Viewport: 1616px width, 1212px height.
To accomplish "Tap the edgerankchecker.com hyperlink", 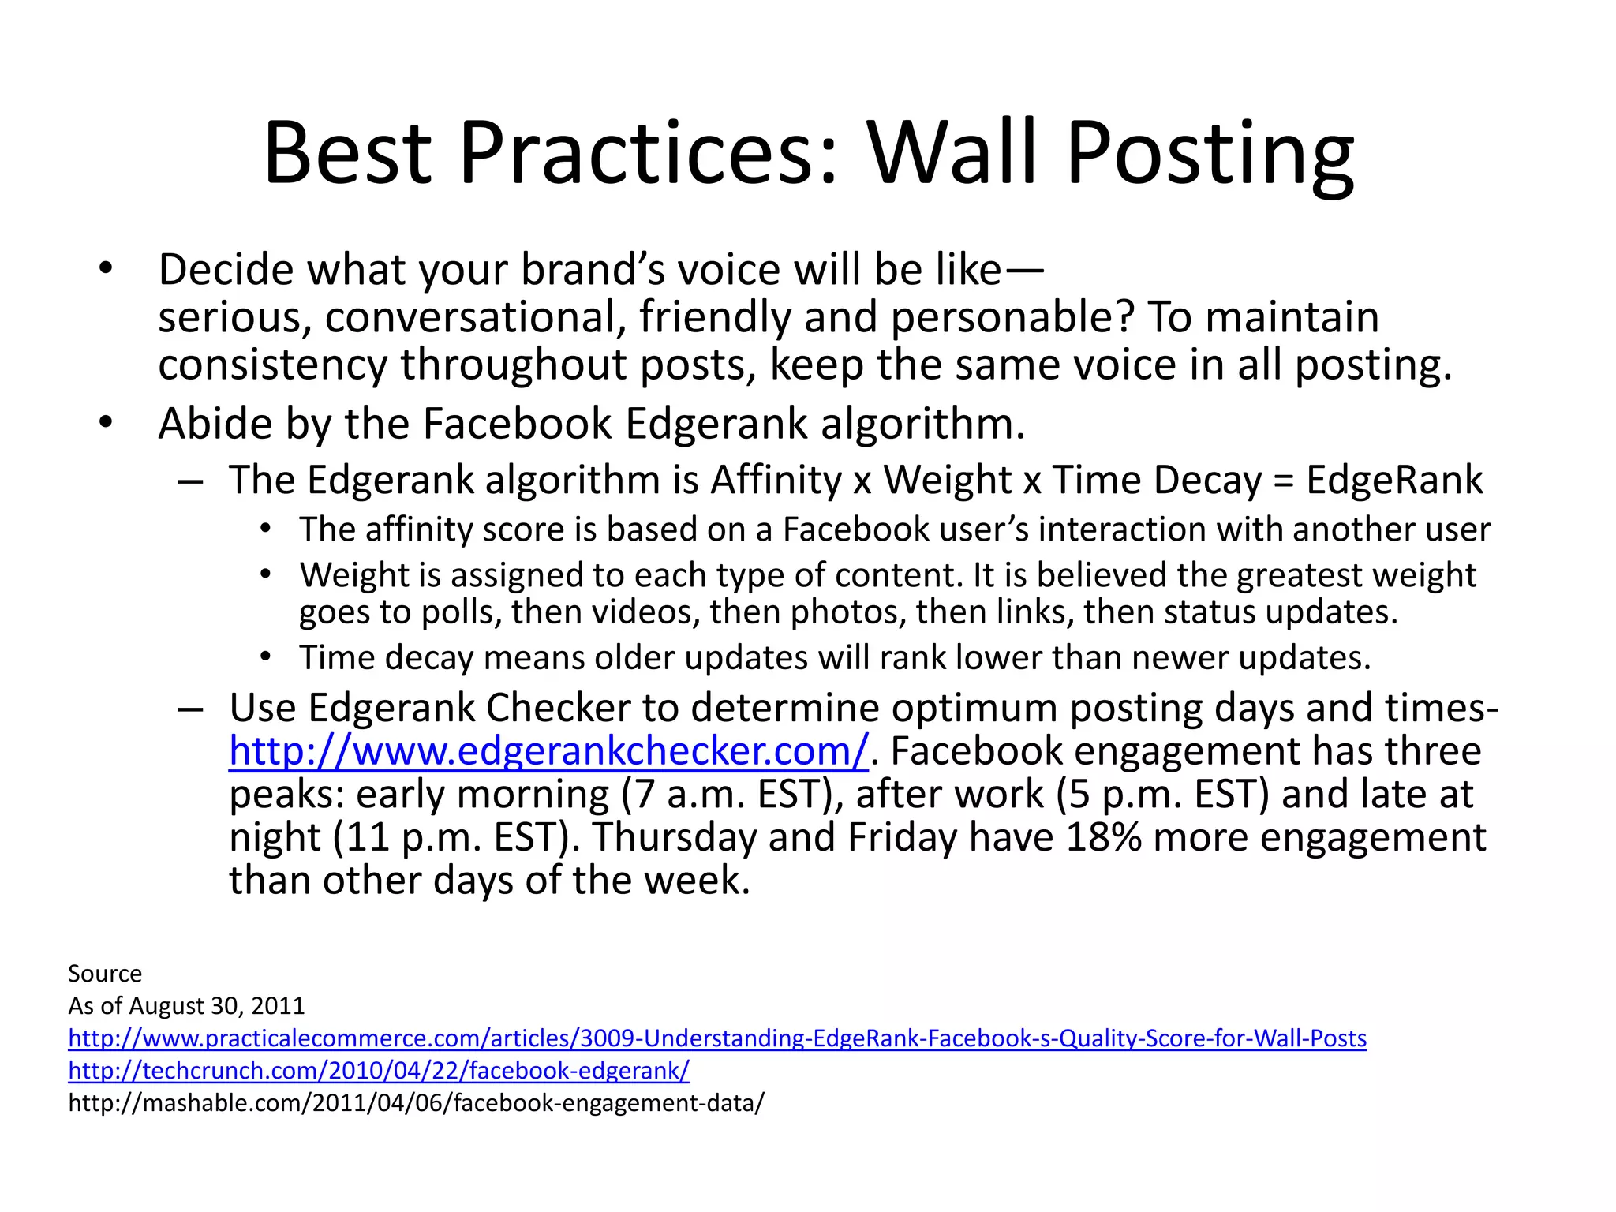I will point(548,750).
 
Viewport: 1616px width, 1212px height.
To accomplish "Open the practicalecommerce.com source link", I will point(717,1038).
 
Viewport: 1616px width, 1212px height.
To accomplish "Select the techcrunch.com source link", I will point(379,1070).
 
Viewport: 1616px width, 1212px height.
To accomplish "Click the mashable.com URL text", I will point(416,1102).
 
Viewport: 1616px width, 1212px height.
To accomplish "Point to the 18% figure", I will point(1103,837).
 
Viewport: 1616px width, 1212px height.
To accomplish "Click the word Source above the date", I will point(105,973).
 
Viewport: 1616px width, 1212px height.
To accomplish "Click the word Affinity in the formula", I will point(776,480).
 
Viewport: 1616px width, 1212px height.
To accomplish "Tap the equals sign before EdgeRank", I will point(1284,481).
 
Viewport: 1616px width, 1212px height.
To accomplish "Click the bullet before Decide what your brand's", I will point(106,269).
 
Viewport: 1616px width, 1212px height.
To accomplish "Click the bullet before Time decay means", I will point(266,656).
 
